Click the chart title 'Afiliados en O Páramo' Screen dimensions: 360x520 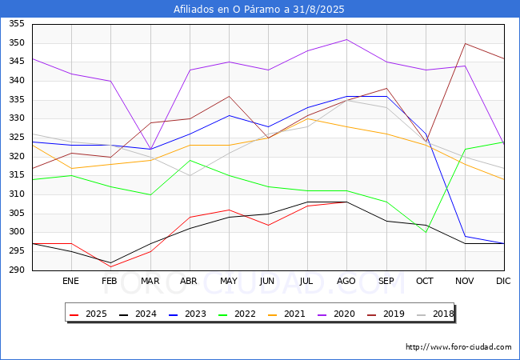tap(259, 10)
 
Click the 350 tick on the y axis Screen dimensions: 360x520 tap(16, 43)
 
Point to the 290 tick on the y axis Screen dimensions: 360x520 tap(16, 270)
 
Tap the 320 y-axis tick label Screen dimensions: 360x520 tap(16, 157)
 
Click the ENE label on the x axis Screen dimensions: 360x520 tap(71, 282)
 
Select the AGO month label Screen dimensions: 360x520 tap(346, 282)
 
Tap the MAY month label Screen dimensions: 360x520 tap(229, 282)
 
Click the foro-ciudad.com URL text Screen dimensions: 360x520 tap(458, 347)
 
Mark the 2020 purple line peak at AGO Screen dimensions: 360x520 tap(346, 39)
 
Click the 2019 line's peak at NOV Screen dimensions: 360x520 tap(465, 43)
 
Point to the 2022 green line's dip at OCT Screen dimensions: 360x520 tap(426, 232)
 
